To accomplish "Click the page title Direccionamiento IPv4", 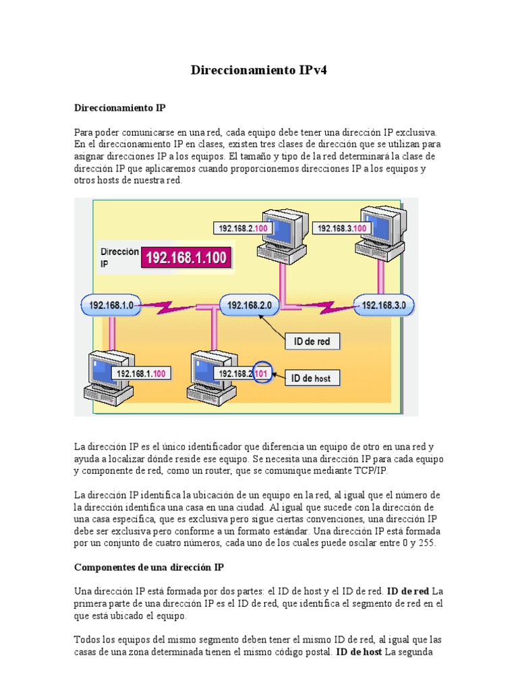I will tap(259, 70).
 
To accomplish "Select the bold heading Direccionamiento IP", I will tap(119, 107).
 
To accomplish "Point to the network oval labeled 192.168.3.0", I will tap(384, 306).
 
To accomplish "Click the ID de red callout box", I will tap(312, 341).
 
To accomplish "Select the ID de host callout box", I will tap(311, 379).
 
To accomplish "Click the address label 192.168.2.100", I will tap(243, 229).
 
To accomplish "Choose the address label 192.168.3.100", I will tap(341, 229).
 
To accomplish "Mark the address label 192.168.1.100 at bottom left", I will tap(142, 373).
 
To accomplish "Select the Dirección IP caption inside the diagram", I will tap(119, 257).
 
